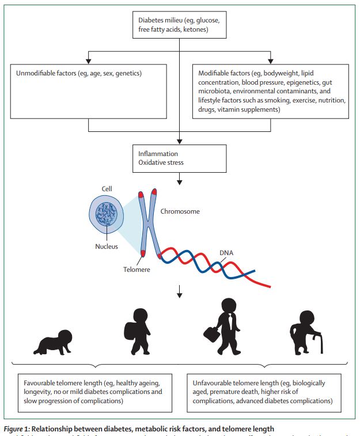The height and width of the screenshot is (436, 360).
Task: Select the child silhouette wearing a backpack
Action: click(138, 331)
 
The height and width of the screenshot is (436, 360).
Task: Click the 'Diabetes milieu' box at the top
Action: click(180, 26)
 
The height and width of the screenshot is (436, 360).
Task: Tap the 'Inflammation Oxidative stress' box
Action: click(180, 158)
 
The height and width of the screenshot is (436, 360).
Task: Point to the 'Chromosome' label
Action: click(180, 211)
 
